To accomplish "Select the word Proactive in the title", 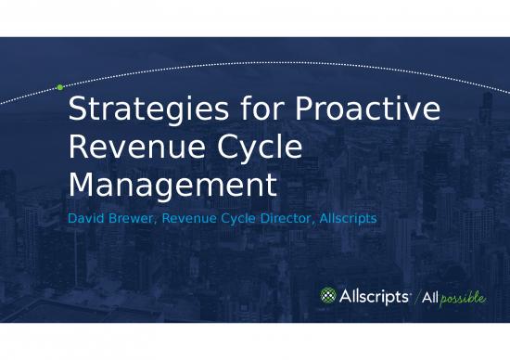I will tap(368, 111).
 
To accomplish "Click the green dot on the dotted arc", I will tap(59, 87).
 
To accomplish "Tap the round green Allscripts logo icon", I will tap(328, 296).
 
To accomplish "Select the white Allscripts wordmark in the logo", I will tap(373, 296).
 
